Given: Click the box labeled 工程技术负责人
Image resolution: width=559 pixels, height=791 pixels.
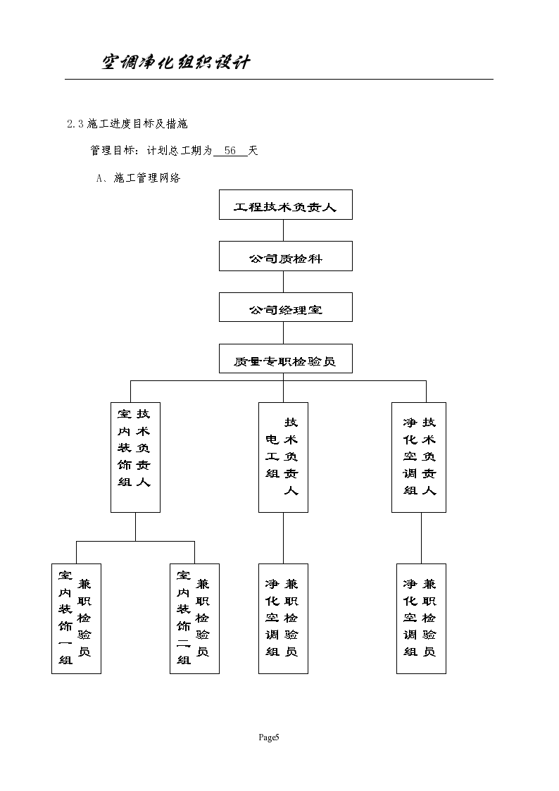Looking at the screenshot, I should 285,205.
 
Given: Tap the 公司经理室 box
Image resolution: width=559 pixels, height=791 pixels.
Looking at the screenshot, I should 285,308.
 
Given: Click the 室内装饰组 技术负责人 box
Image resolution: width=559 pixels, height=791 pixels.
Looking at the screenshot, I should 135,457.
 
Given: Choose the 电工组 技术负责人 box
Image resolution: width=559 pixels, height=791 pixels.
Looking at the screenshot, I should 283,457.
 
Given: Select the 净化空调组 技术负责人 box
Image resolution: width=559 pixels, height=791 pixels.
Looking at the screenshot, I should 419,457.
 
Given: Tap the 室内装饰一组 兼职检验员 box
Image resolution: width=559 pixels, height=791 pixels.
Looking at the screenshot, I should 76,618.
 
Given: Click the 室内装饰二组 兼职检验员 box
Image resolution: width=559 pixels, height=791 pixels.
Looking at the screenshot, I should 194,618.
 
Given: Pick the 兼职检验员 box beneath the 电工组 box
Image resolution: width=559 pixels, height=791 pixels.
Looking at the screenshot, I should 283,618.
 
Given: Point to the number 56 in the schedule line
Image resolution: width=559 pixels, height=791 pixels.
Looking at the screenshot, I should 230,151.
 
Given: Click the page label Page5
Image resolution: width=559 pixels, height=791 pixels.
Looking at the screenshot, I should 269,737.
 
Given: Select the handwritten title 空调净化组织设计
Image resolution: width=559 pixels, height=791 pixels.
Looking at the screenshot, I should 176,63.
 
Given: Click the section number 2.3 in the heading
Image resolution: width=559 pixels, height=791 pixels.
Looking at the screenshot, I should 75,124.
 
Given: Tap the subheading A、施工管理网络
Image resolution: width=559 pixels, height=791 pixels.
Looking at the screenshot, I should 139,178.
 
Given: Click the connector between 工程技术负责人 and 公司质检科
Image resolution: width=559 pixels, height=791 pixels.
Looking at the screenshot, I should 284,230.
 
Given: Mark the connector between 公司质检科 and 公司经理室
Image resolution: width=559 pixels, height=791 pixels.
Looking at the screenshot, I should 284,282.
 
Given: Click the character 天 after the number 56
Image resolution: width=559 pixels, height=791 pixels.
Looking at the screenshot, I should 253,151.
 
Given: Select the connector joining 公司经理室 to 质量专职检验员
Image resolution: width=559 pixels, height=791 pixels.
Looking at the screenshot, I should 284,333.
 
